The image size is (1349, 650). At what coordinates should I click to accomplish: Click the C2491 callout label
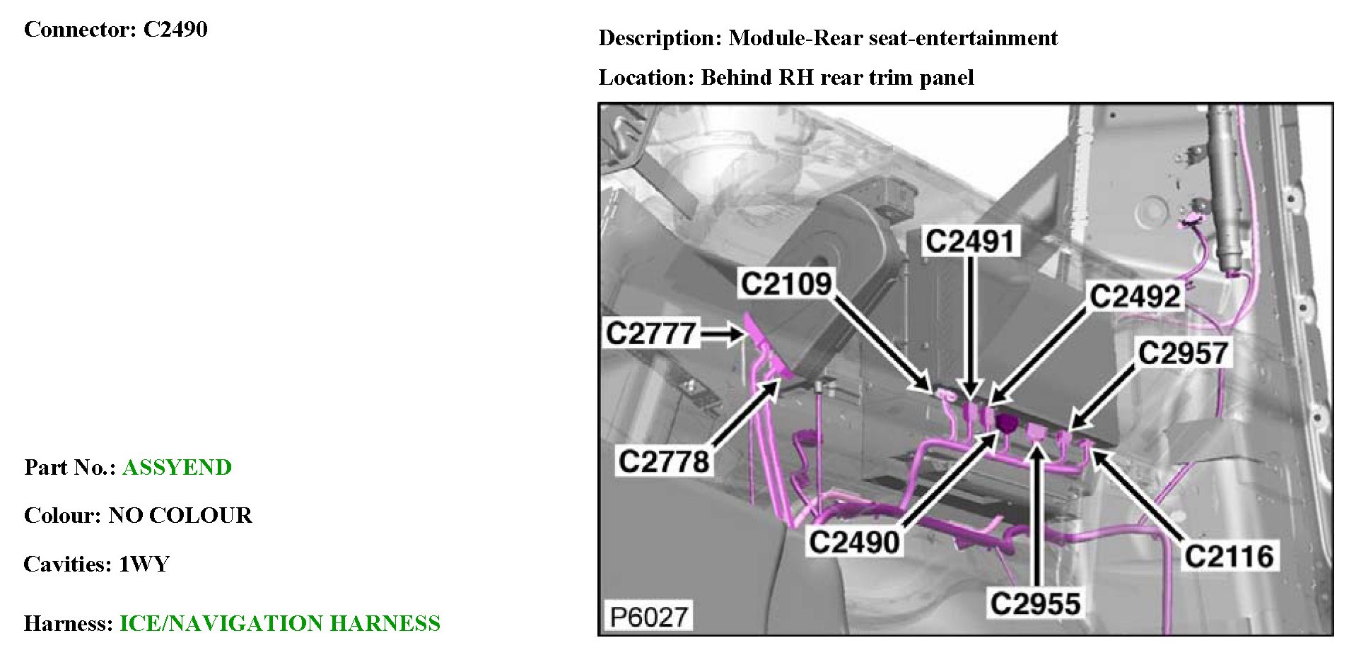click(x=970, y=242)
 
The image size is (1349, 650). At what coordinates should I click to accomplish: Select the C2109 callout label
click(x=786, y=284)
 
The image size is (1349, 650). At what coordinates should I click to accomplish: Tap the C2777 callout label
click(x=650, y=333)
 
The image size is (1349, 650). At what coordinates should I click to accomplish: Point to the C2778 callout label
click(x=663, y=461)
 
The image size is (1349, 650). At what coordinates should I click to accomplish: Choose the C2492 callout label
click(x=1135, y=296)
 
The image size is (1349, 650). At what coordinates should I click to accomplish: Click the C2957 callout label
click(x=1183, y=353)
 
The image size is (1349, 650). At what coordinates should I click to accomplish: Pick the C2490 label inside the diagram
click(x=854, y=543)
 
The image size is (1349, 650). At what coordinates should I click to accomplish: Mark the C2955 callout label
click(x=1035, y=604)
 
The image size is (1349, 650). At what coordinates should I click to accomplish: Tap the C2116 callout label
click(x=1229, y=557)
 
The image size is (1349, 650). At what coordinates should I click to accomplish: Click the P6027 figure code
click(x=648, y=617)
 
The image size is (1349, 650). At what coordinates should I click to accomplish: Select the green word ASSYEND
click(x=177, y=467)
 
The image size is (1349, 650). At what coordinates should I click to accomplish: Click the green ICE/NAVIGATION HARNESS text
click(x=280, y=623)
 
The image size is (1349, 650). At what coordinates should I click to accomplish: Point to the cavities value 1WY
click(x=144, y=564)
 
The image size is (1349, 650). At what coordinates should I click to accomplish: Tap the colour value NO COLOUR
click(x=180, y=515)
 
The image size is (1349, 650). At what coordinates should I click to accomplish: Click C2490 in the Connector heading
click(x=175, y=30)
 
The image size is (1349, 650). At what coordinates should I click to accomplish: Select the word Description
click(x=660, y=37)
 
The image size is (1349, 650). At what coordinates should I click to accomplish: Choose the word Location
click(x=646, y=77)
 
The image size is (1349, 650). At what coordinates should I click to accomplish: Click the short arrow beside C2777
click(x=723, y=333)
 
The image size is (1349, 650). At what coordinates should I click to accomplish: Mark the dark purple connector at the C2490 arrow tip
click(x=1006, y=423)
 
